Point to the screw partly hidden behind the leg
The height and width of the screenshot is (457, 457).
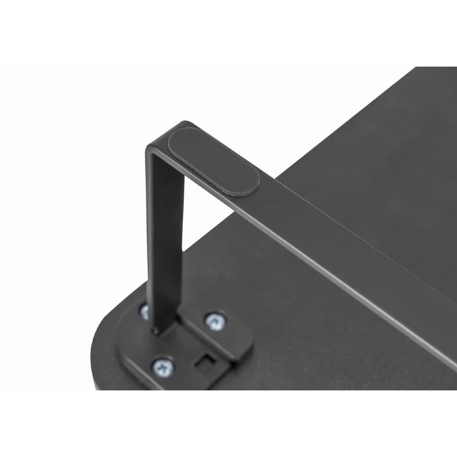point(145,311)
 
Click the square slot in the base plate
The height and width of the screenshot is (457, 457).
point(205,361)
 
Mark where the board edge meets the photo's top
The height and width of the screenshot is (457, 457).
point(414,69)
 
